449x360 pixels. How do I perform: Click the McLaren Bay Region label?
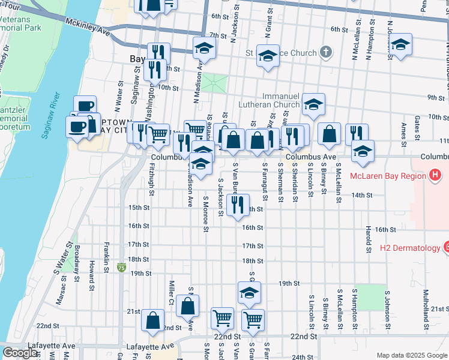(x=388, y=175)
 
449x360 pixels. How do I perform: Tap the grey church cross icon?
(x=325, y=53)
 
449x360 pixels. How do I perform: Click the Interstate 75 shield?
(x=121, y=265)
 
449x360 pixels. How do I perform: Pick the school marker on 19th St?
(x=249, y=292)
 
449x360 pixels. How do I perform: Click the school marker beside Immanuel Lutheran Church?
(x=313, y=104)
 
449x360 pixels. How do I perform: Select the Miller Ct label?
(x=172, y=292)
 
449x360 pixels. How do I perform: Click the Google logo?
(x=20, y=353)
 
